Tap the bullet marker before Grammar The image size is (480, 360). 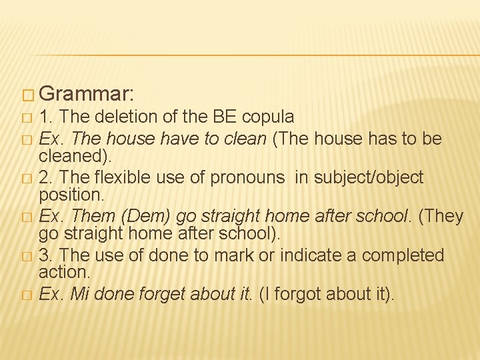27,93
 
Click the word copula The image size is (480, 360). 268,117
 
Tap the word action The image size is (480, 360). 64,271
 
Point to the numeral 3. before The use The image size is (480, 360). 45,255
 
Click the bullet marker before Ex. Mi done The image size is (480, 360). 27,295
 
